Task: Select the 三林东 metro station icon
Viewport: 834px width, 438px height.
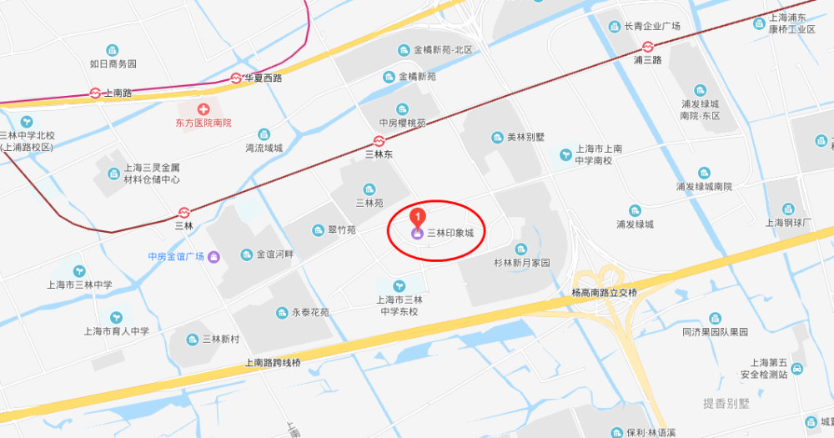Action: [x=379, y=141]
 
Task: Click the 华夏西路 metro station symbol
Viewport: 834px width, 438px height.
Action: [x=237, y=78]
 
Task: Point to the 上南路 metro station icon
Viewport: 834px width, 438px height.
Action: [x=96, y=93]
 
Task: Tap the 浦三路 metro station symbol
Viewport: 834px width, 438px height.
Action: [x=647, y=47]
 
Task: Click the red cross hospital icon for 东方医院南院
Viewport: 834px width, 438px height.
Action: [x=203, y=109]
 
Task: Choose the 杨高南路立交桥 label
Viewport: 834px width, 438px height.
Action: [x=604, y=293]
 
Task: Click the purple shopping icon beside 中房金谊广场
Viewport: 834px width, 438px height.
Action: [x=214, y=256]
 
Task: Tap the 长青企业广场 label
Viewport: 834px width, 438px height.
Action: [x=652, y=26]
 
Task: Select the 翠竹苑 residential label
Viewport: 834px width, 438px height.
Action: [x=340, y=230]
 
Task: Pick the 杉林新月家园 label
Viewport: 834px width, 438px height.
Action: [x=521, y=263]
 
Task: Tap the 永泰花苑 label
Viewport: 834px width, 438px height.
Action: [x=309, y=313]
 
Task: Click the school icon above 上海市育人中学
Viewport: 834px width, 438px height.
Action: [x=116, y=317]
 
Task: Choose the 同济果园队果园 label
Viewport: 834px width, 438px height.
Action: [x=715, y=331]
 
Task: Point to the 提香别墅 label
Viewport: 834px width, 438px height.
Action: [x=726, y=404]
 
